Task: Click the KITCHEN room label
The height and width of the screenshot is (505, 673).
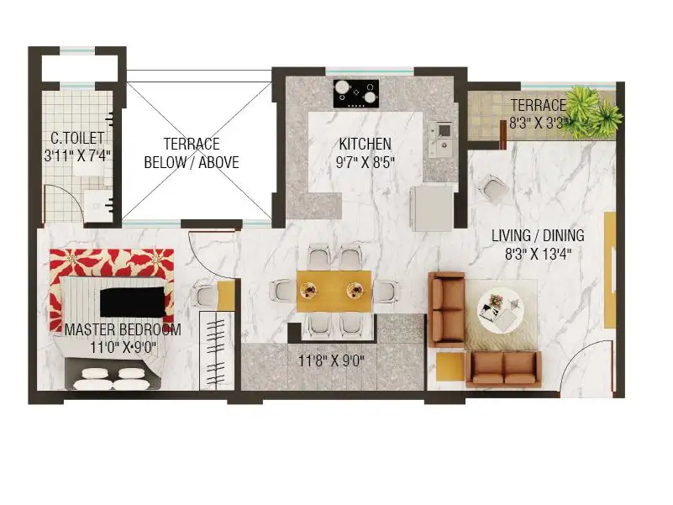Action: (x=365, y=144)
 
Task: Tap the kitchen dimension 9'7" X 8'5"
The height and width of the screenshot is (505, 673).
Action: (x=365, y=162)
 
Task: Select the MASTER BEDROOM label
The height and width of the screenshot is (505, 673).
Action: (x=123, y=329)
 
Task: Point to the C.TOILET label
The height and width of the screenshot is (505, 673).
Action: (x=77, y=138)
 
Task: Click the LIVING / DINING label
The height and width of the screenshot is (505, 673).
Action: (x=538, y=235)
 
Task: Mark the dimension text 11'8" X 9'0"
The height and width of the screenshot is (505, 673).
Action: (x=331, y=360)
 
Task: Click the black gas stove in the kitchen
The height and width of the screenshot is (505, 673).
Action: (x=356, y=93)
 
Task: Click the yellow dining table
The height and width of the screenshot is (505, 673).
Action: (x=334, y=291)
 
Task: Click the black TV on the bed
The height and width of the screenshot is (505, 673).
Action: (x=133, y=302)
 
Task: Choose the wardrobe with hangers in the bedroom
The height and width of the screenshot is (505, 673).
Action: (x=216, y=351)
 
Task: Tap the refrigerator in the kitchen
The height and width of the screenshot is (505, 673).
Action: (x=432, y=208)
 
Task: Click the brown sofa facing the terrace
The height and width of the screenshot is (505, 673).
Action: (x=504, y=370)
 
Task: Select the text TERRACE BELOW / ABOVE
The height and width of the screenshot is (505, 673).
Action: (x=192, y=153)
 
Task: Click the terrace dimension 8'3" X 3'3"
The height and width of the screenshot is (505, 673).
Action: (x=539, y=124)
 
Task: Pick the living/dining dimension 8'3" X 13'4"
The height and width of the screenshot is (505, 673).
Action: (x=538, y=255)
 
